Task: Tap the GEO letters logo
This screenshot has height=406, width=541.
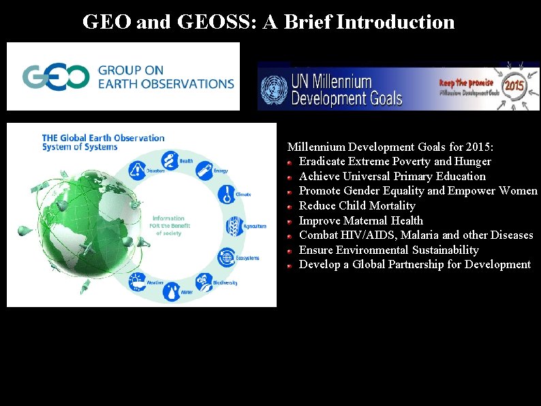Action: tap(56, 76)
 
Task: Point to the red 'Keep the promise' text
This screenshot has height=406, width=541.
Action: tap(466, 82)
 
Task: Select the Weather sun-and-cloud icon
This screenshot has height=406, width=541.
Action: tap(138, 280)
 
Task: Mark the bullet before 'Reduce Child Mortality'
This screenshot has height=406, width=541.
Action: tap(290, 206)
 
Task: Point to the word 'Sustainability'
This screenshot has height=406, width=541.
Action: tap(445, 250)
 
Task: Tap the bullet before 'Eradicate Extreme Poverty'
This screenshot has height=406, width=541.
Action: tap(290, 162)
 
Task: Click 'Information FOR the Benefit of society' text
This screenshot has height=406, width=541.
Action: tap(168, 226)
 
